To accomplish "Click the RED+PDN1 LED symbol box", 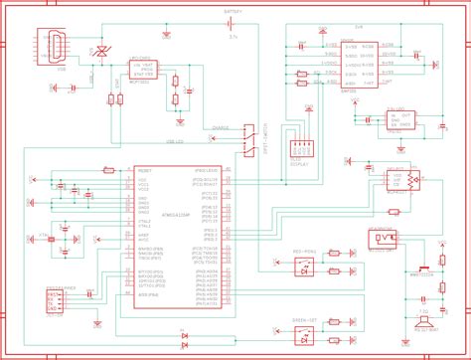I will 305,267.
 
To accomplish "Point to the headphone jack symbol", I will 384,239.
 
